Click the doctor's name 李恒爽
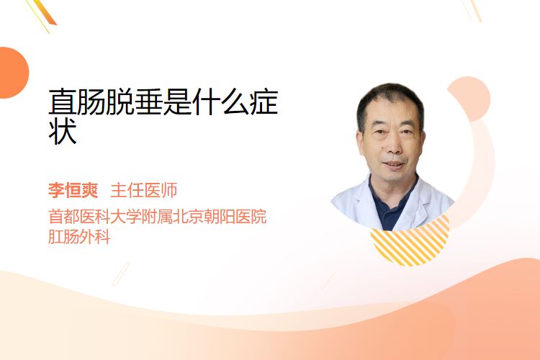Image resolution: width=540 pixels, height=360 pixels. coord(73,190)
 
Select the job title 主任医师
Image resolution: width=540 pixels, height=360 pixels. coord(144,190)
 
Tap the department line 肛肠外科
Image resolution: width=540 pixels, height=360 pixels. coord(79,237)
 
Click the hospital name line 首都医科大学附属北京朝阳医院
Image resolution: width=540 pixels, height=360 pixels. coord(158,217)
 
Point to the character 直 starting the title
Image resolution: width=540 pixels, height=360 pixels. coord(63,102)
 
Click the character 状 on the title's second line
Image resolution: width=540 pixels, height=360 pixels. coord(63,132)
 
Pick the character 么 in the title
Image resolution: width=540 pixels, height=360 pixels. coord(235,102)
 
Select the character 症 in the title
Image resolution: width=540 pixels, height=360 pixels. coord(264,102)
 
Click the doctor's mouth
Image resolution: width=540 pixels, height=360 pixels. coord(393,164)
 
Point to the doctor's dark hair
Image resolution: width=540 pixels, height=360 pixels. coord(390,100)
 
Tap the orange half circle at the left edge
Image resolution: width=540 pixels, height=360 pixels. coord(13,73)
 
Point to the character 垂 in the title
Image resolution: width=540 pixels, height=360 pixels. coord(149,102)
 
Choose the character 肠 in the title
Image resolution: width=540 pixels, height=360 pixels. coord(91,102)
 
